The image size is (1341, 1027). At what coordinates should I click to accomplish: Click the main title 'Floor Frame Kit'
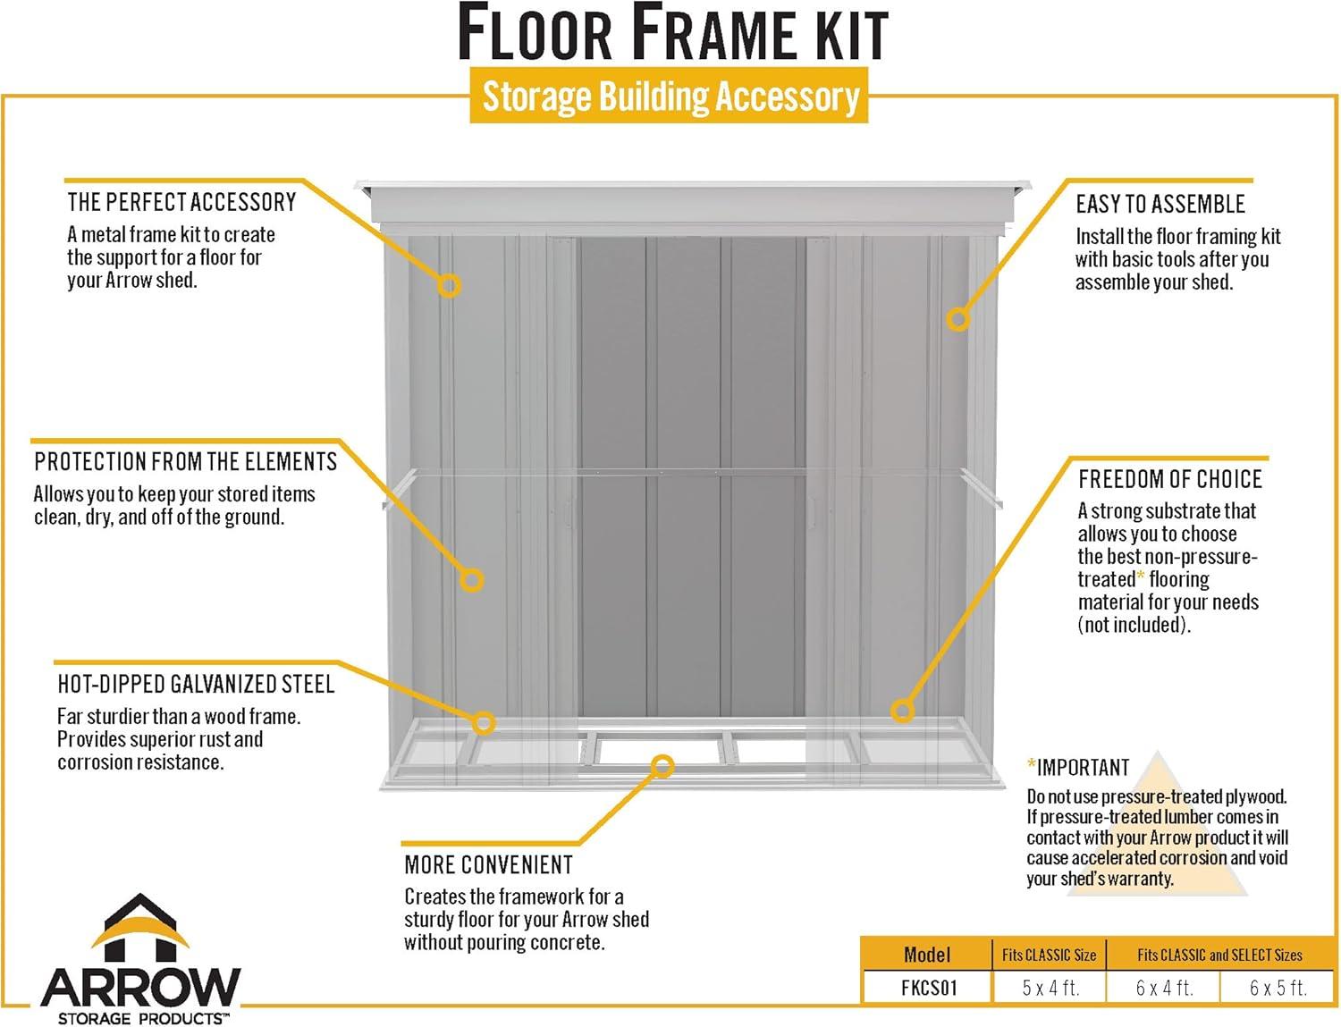[672, 34]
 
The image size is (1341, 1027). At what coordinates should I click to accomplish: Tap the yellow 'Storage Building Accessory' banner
[670, 97]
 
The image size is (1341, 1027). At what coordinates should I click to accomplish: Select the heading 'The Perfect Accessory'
[181, 202]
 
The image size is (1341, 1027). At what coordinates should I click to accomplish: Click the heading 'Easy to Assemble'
[1160, 205]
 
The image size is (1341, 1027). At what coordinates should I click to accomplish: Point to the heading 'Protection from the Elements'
[185, 462]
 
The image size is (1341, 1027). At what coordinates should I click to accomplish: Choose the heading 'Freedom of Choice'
[1169, 479]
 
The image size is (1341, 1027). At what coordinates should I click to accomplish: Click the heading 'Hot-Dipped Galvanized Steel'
[196, 685]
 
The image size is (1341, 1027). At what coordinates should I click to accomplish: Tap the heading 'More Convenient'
[488, 865]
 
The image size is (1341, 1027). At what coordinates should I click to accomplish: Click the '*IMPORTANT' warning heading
[1078, 768]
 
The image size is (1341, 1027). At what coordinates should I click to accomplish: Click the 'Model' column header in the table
[926, 955]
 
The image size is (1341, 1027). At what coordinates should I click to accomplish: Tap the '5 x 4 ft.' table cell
[1050, 988]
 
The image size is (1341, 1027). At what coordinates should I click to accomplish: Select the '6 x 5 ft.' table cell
[1278, 988]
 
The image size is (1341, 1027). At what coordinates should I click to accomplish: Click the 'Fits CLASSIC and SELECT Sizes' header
[1219, 955]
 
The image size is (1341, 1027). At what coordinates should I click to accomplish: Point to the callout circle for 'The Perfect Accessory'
[449, 285]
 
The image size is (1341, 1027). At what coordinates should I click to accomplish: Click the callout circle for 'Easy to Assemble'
[958, 318]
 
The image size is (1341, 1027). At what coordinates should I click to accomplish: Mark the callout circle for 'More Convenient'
[662, 765]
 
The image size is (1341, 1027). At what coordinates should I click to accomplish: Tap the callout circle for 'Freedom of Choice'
[903, 711]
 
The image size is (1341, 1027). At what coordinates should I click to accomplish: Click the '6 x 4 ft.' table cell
[1164, 988]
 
